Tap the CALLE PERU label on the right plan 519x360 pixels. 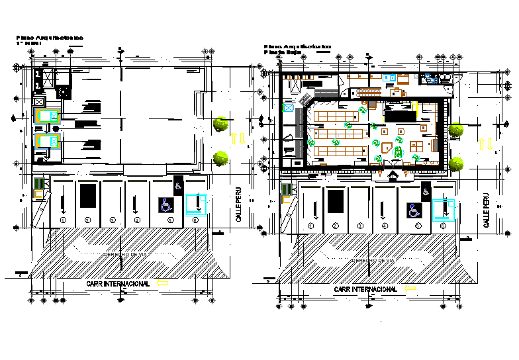point(487,211)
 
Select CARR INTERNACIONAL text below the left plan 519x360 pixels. point(117,283)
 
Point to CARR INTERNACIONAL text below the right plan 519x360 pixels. point(365,289)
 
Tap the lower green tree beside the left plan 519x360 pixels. point(221,158)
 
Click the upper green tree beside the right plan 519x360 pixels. point(455,130)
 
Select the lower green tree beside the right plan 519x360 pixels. point(455,163)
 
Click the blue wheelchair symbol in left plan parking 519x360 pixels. point(165,205)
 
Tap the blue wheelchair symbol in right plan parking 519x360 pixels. point(414,211)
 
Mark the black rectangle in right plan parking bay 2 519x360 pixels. point(336,201)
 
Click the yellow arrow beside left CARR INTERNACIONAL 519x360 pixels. point(163,283)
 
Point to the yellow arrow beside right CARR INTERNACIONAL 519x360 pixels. point(410,289)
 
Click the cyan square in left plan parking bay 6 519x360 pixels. point(195,204)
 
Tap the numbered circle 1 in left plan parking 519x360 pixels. point(64,220)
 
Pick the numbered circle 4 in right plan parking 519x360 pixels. point(385,226)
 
